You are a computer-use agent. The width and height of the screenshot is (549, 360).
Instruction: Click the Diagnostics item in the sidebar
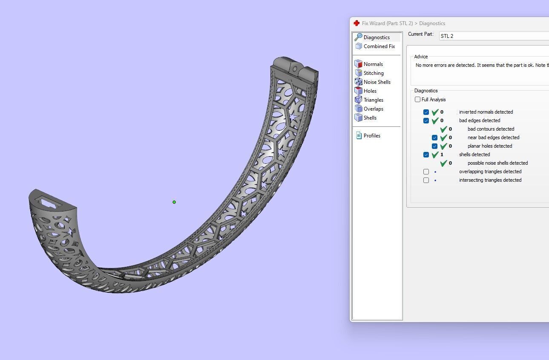point(376,37)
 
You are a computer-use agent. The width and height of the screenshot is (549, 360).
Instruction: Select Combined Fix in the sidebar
point(379,46)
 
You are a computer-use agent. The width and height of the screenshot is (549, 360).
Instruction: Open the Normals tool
point(373,64)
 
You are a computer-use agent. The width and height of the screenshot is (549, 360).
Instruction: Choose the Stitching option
point(373,73)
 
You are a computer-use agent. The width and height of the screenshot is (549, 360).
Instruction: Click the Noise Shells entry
point(377,82)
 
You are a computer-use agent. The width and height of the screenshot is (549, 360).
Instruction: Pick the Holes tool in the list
point(370,91)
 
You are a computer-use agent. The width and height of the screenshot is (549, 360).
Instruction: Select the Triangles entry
point(373,100)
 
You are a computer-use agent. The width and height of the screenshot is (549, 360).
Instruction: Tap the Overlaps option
point(373,109)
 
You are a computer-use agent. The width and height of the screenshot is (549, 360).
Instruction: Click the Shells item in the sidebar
point(370,118)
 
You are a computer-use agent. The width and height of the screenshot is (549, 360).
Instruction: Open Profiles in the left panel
point(371,136)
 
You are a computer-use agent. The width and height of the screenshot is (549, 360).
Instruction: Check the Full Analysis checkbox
point(418,100)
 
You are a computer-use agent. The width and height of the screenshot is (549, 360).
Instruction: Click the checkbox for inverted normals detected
point(426,112)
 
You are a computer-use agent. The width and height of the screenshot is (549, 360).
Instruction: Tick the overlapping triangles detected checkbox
point(426,172)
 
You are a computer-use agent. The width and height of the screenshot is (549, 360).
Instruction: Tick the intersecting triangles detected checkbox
point(426,180)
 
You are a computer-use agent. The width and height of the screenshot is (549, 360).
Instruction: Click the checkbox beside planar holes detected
point(435,146)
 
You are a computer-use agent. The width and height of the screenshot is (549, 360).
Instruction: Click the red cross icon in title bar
point(356,23)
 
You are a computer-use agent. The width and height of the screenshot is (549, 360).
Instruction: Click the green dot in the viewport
point(174,202)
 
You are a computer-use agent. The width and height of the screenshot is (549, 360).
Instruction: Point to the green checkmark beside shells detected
point(435,155)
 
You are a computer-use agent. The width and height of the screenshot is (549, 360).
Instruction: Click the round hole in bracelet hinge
point(294,69)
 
